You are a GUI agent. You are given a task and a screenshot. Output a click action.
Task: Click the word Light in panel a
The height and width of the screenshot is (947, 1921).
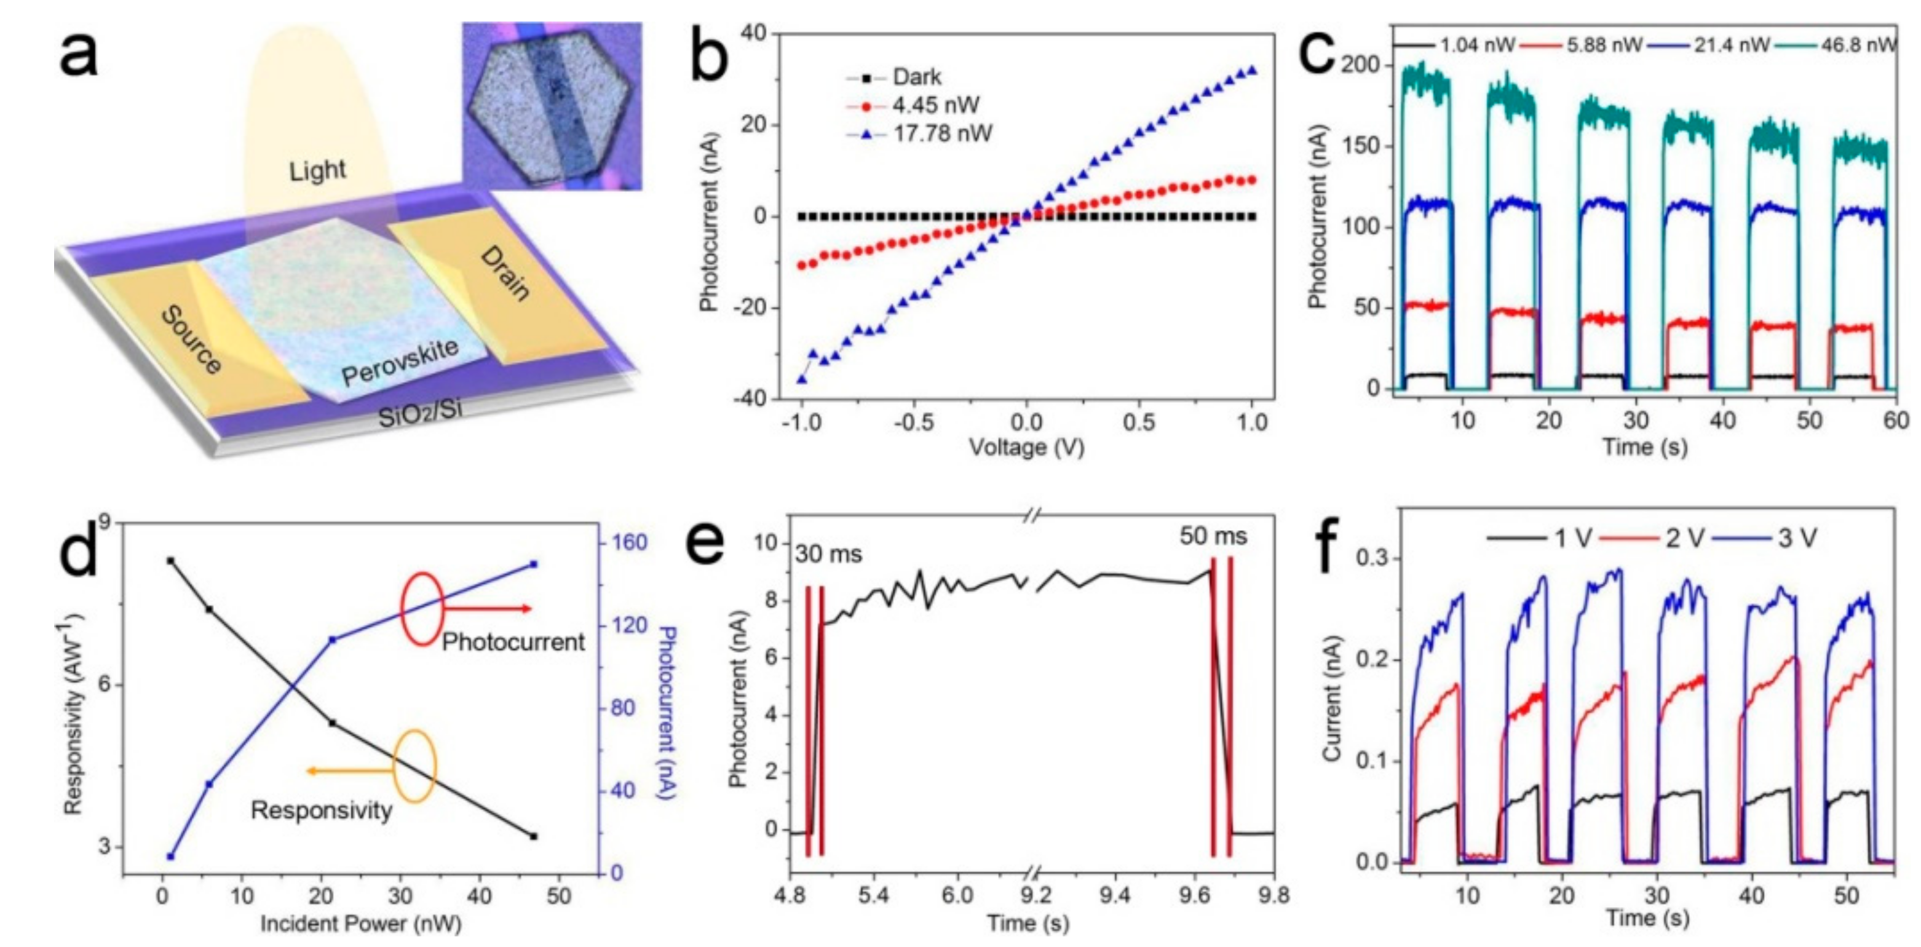[318, 171]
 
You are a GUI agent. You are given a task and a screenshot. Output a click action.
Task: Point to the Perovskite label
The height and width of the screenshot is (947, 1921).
[400, 362]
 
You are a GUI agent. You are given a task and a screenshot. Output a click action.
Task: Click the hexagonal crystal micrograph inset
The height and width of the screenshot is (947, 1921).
[551, 105]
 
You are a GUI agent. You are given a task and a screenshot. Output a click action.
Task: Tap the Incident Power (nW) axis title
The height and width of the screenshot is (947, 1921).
[360, 924]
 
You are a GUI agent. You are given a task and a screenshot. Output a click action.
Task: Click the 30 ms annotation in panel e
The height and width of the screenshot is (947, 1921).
[828, 555]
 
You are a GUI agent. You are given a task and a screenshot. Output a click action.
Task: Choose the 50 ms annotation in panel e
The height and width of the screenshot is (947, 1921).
[1213, 536]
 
